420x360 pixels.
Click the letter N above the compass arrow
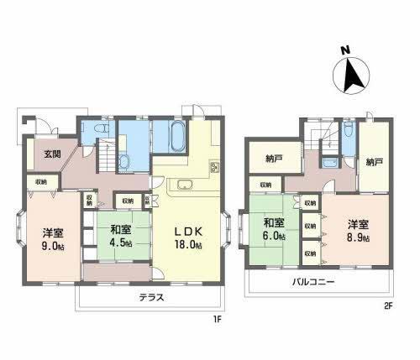344,50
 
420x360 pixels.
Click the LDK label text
190,231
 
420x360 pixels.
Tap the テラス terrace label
151,296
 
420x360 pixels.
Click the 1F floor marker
216,317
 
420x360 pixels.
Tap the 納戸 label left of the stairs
274,158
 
